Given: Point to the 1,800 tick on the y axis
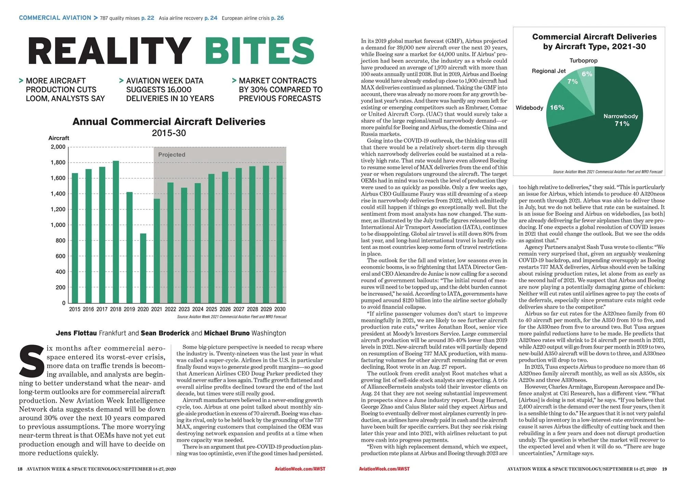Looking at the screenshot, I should point(58,163).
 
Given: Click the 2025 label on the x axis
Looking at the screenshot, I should point(211,309).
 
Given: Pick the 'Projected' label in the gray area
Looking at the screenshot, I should point(172,155).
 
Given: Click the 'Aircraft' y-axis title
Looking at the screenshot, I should point(58,138).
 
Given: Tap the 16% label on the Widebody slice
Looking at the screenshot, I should point(557,107).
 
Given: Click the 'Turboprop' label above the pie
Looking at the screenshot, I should point(583,61).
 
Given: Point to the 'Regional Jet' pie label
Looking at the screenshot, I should point(549,71).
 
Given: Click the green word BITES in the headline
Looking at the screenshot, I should point(260,51).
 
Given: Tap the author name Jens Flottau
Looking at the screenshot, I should point(76,333).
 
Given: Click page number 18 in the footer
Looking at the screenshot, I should point(20,469).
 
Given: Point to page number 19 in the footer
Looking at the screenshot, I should point(664,469).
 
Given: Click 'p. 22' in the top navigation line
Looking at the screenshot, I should point(148,18).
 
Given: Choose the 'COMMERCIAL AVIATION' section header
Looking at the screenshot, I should point(55,18).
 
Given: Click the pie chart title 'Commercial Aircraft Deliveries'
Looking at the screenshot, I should point(594,37).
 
